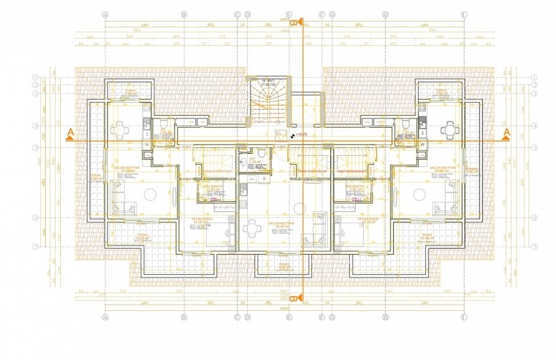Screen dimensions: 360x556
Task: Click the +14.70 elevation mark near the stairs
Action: [301, 135]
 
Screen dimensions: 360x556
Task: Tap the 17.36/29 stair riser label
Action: [268, 84]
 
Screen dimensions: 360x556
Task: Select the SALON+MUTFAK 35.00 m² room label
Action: [280, 226]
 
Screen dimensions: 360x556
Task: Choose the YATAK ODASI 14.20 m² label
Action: [353, 221]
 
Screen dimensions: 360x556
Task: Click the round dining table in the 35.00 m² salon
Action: [251, 227]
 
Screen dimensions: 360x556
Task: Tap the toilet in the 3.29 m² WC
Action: [261, 154]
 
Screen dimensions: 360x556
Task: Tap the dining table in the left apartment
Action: [120, 129]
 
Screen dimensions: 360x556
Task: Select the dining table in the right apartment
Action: [449, 129]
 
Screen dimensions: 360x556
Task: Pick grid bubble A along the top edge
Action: [104, 13]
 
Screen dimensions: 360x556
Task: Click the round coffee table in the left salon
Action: [150, 194]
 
